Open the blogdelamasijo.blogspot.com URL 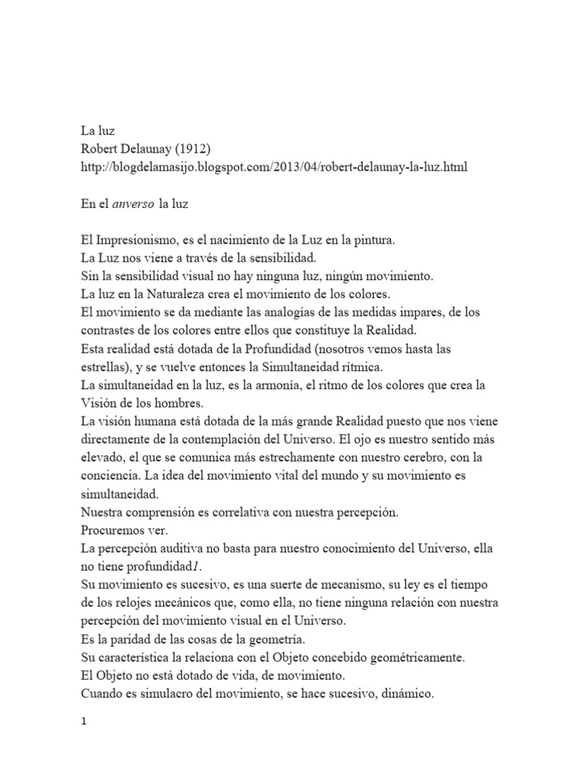pyautogui.click(x=273, y=167)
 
